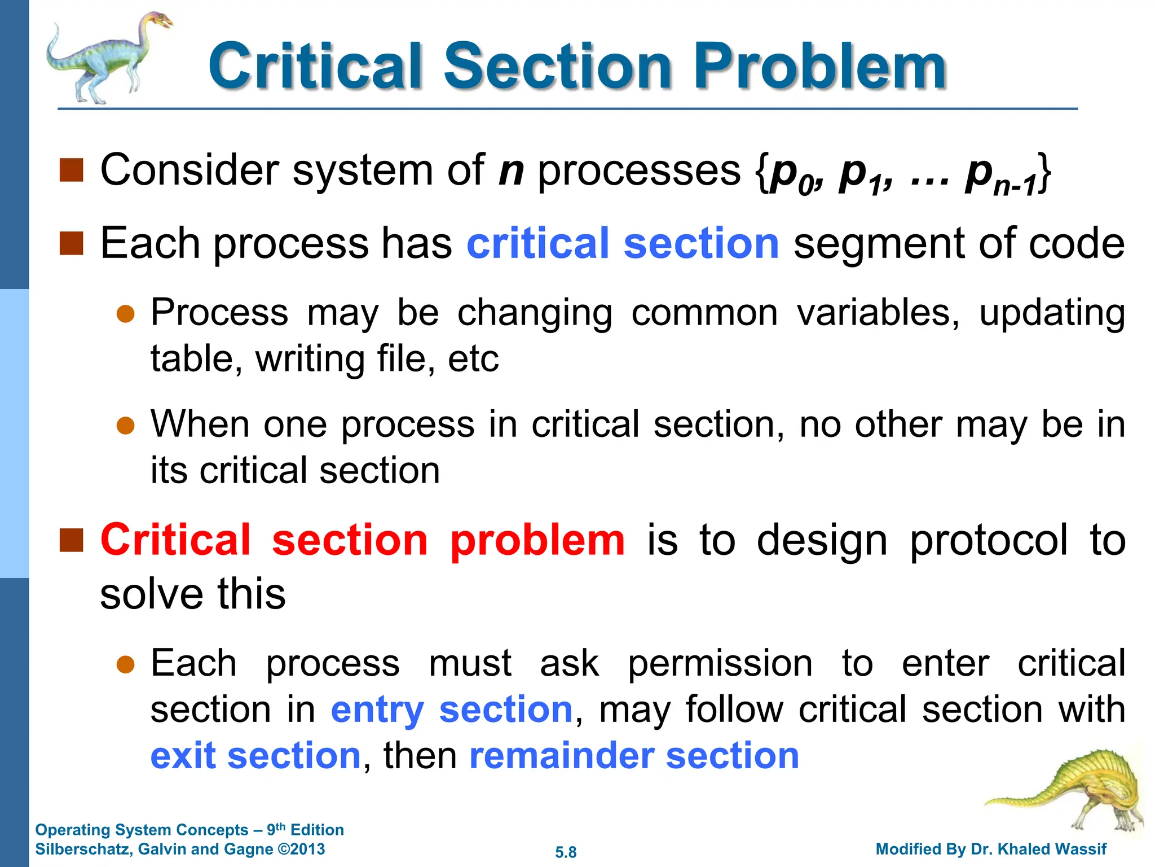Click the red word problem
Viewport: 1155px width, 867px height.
537,540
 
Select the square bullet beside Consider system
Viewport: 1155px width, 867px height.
71,170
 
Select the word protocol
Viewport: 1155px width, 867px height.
989,540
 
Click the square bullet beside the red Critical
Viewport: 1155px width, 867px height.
71,540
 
